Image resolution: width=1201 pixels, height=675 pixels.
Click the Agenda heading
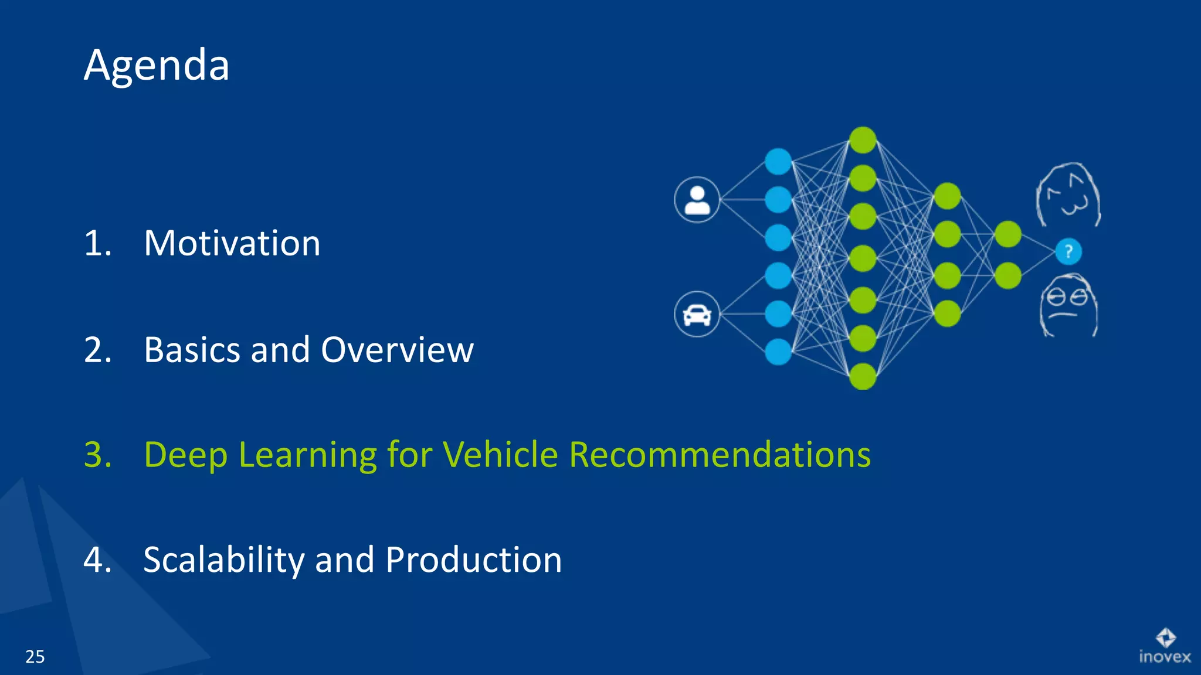coord(157,66)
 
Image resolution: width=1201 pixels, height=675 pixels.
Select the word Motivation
coord(232,243)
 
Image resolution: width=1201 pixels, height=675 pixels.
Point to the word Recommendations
coord(720,455)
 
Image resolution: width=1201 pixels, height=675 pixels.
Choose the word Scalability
coord(224,560)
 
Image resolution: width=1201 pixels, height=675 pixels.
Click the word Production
coord(474,560)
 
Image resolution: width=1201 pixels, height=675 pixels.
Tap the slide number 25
coord(35,657)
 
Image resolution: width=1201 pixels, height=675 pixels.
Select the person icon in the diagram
coord(697,200)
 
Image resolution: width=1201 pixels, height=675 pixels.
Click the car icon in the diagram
coord(697,315)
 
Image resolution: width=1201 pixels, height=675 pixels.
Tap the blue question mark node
coord(1068,252)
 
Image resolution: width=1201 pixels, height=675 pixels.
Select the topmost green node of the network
coord(863,141)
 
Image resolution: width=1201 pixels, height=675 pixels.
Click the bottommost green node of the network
coord(863,376)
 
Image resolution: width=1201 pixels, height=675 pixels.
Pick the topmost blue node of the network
coord(778,161)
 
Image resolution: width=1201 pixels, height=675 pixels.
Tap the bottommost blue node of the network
coord(778,352)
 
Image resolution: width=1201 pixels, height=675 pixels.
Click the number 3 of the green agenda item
coord(97,455)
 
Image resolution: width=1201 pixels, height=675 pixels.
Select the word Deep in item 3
coord(185,455)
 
